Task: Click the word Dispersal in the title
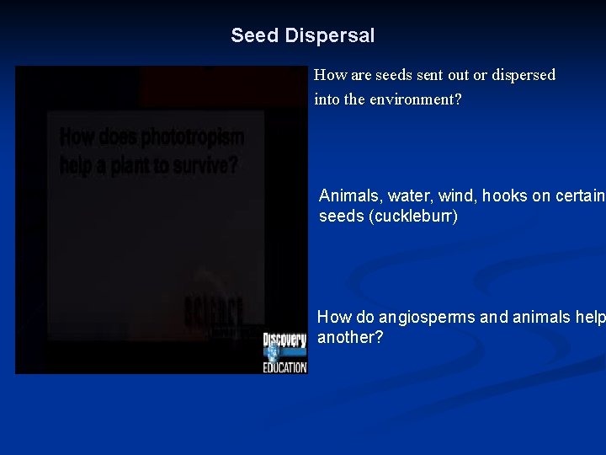click(x=329, y=35)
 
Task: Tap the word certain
click(x=580, y=196)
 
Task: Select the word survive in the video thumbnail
click(x=206, y=165)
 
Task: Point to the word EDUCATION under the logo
click(x=284, y=368)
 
